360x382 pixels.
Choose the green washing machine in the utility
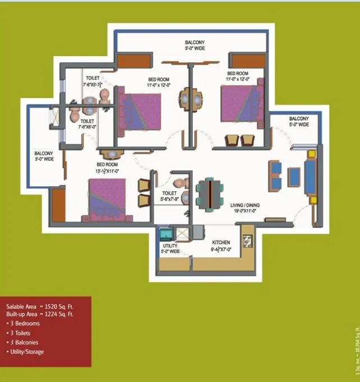(x=165, y=233)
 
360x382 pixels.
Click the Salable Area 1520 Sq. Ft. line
(x=40, y=307)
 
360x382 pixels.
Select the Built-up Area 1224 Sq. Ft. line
(x=40, y=315)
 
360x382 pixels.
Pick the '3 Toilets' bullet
(x=21, y=333)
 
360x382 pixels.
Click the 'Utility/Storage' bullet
(x=26, y=352)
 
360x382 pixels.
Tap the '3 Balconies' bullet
(x=23, y=342)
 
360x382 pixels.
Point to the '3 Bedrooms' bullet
(x=23, y=324)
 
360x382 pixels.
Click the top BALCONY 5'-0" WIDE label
(x=195, y=45)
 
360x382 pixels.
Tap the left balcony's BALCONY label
(x=44, y=156)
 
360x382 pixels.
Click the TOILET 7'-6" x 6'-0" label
(x=88, y=124)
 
